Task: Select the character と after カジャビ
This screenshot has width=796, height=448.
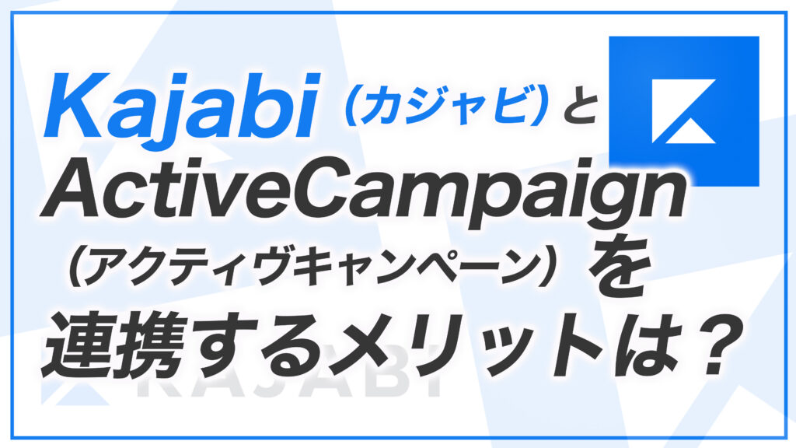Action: pos(575,106)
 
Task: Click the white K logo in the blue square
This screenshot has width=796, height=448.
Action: pos(684,111)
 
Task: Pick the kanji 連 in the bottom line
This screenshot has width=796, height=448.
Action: pos(77,343)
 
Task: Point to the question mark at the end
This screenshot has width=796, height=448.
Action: pos(707,345)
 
